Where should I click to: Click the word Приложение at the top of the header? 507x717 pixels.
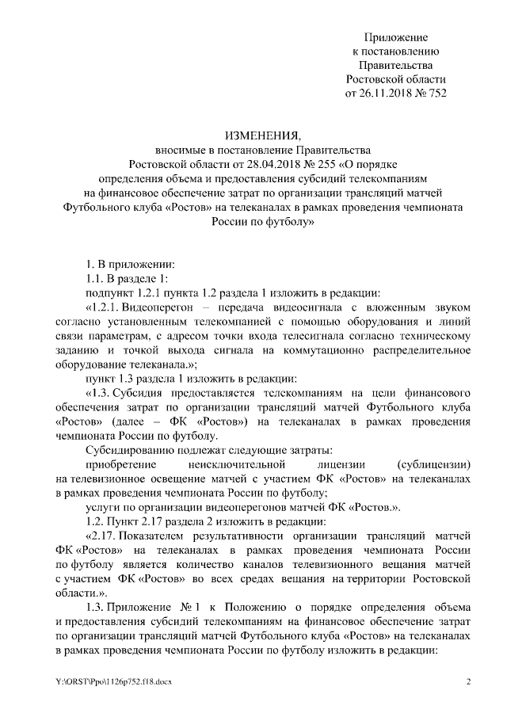(x=395, y=37)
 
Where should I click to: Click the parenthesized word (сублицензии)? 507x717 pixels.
(x=425, y=463)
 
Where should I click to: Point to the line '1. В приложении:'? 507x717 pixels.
(x=124, y=263)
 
